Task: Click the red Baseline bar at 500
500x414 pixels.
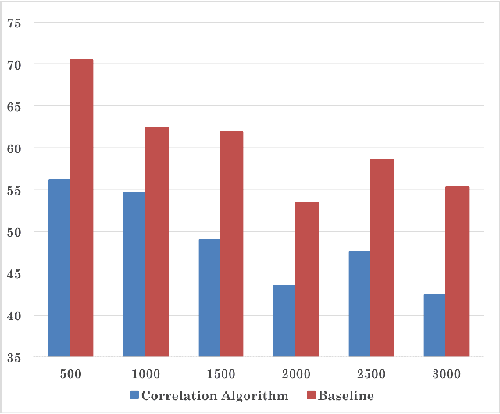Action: (x=81, y=209)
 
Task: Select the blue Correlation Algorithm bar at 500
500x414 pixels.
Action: (x=59, y=268)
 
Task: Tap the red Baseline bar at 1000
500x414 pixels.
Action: (x=156, y=242)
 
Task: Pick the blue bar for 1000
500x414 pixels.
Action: (x=134, y=274)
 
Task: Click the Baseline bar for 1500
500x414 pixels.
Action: (x=231, y=244)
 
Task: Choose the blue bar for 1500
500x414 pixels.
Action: (x=209, y=298)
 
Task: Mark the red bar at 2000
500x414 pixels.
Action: (x=306, y=280)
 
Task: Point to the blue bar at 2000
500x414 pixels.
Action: (x=284, y=321)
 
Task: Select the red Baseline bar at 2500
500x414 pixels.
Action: (x=381, y=258)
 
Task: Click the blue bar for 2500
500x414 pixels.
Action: (x=359, y=304)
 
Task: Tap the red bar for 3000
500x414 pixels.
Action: (x=457, y=272)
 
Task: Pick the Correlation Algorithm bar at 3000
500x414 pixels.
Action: (x=434, y=326)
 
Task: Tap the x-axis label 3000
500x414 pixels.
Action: (x=446, y=374)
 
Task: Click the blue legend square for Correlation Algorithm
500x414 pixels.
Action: (x=134, y=396)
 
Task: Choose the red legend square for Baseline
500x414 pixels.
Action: (x=313, y=396)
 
